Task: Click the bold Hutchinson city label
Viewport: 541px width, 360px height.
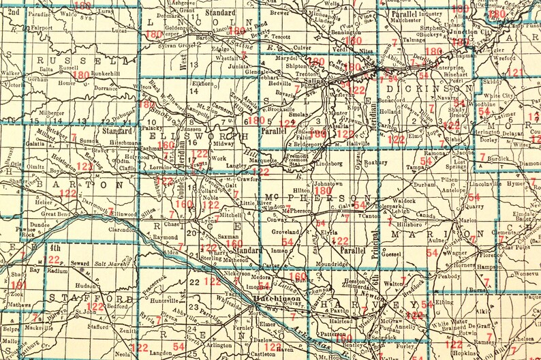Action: coord(279,299)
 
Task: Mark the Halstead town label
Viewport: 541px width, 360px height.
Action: coord(341,320)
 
